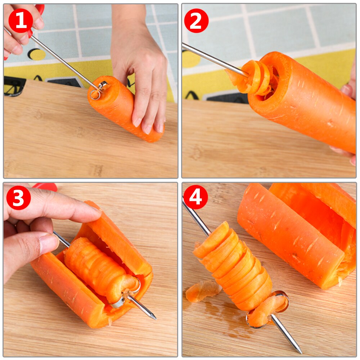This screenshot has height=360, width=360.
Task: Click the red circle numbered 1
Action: coord(21,21)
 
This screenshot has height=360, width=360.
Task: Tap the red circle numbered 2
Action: coord(196,21)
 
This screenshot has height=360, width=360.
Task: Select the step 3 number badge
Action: coord(18,198)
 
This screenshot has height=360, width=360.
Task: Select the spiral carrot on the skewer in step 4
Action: coord(234,266)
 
